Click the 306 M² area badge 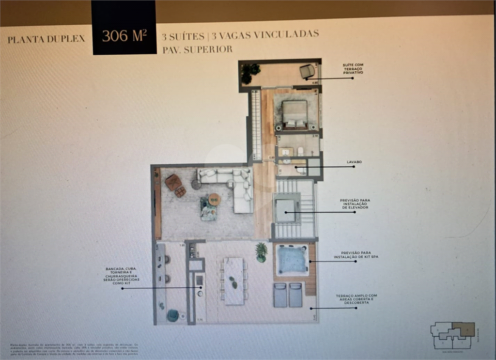click(x=124, y=35)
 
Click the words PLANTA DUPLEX click(x=46, y=39)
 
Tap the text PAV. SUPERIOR click(x=197, y=49)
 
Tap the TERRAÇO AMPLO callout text click(x=356, y=299)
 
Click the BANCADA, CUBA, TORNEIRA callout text click(x=120, y=276)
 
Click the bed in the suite click(x=295, y=115)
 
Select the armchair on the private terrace click(x=307, y=72)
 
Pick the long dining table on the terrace click(x=234, y=281)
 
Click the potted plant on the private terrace click(x=250, y=72)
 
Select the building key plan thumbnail click(x=452, y=335)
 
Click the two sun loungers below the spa click(x=288, y=295)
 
